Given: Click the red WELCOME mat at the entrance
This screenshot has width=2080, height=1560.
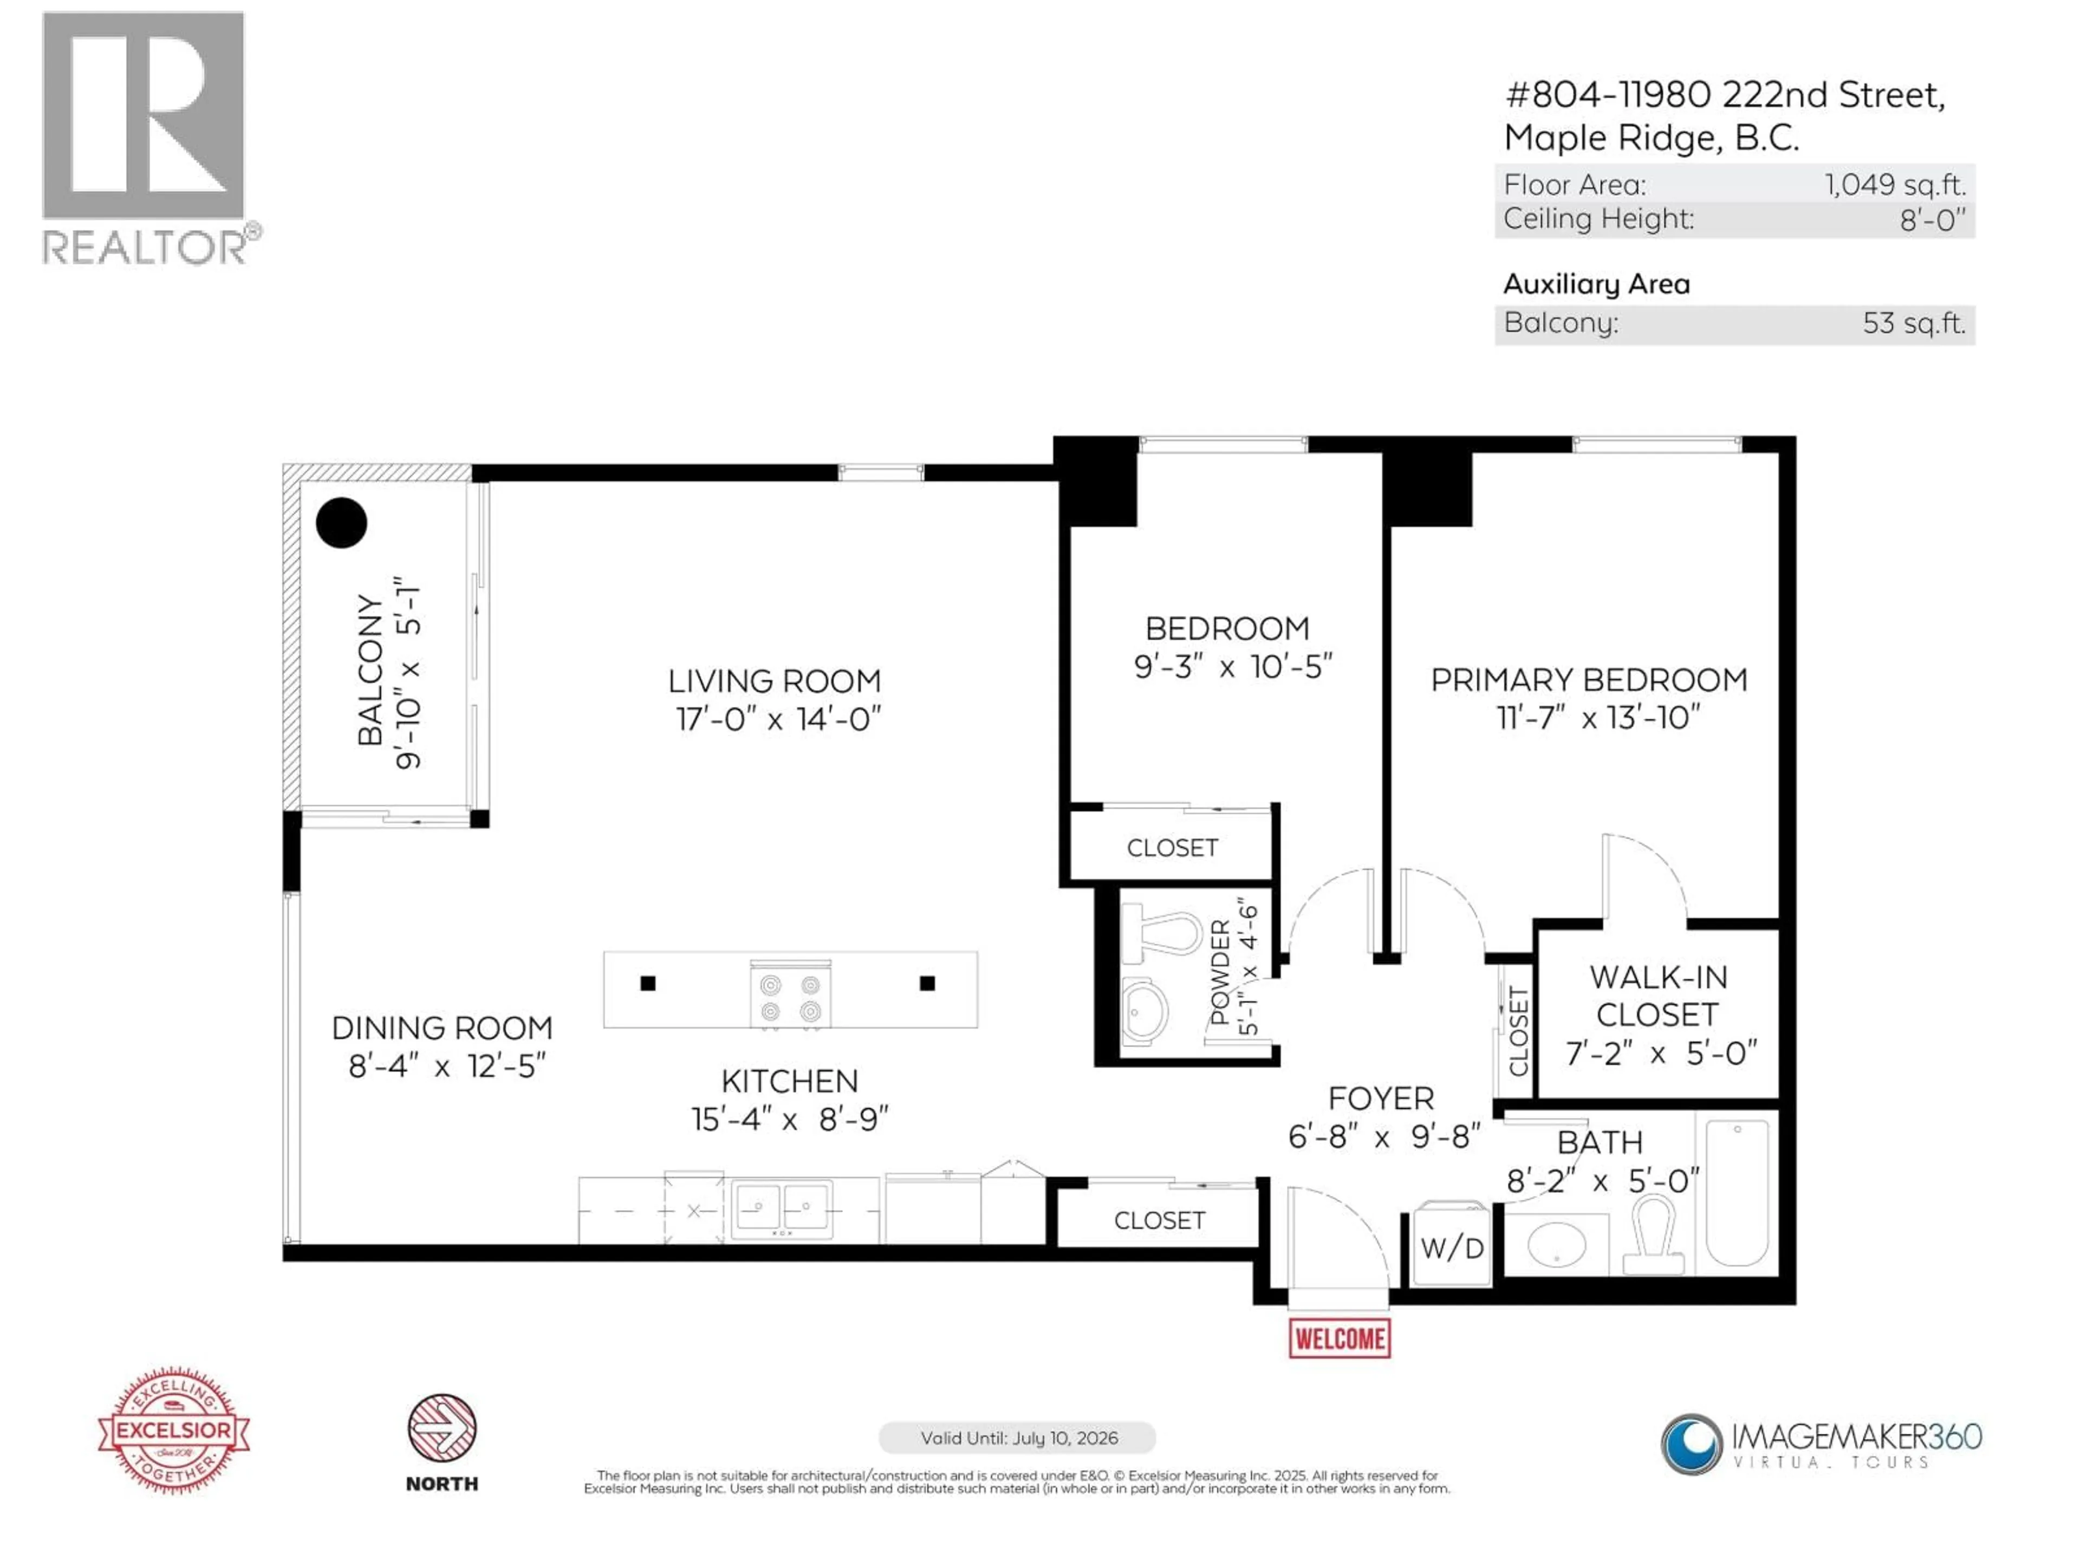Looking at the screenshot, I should point(1339,1338).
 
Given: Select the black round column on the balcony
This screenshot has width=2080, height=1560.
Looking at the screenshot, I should point(341,523).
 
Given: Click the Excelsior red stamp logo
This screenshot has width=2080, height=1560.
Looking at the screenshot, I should point(174,1430).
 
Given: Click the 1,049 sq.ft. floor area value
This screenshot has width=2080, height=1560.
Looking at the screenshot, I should point(1895,184).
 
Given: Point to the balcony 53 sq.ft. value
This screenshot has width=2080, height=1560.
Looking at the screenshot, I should point(1914,323).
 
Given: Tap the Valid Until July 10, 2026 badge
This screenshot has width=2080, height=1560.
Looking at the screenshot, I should point(1017,1438).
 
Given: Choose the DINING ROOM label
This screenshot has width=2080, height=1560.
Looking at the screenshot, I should point(442,1028).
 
